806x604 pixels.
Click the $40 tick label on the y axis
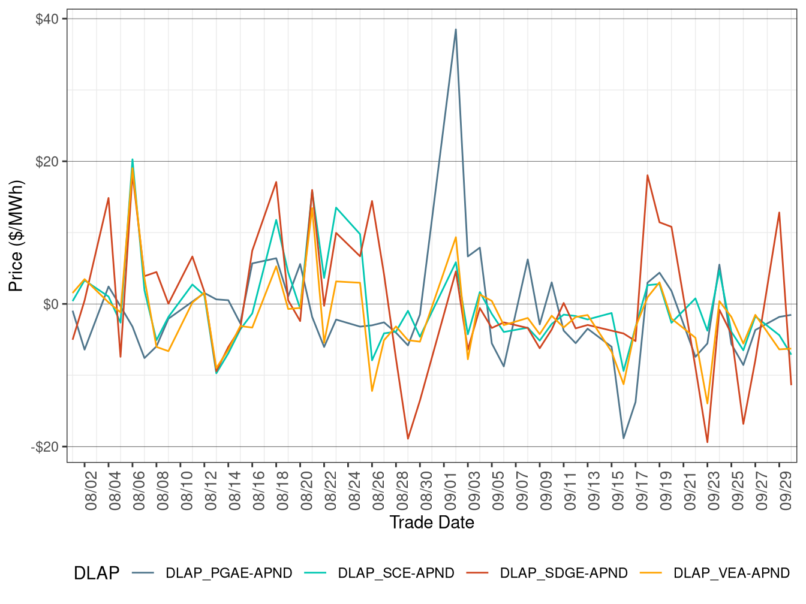tap(47, 19)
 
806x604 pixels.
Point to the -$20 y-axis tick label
tap(45, 447)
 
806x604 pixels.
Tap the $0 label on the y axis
tap(51, 304)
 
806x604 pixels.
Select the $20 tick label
tap(47, 162)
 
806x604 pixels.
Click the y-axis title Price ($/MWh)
tap(16, 236)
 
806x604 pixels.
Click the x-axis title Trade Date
tap(432, 523)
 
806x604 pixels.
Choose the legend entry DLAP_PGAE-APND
tap(228, 573)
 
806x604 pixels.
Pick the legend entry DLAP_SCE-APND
tap(396, 573)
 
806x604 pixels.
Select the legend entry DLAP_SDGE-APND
tap(563, 573)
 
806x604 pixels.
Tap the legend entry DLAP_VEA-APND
tap(731, 573)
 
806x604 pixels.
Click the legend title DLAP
tap(96, 573)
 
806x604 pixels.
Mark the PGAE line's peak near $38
tap(456, 29)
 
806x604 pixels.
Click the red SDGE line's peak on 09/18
tap(648, 175)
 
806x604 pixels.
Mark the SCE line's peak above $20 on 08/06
tap(133, 159)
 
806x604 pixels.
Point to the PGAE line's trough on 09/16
tap(624, 438)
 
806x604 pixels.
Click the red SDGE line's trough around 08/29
tap(408, 439)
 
